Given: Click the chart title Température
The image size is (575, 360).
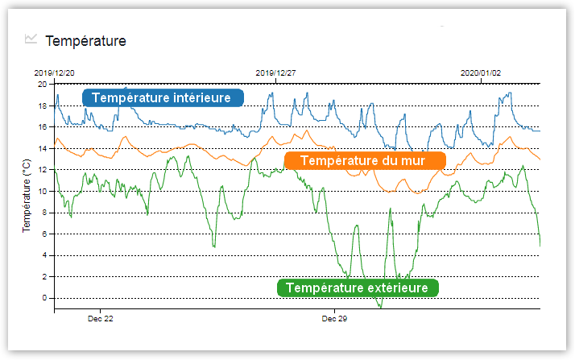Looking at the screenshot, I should coord(86,40).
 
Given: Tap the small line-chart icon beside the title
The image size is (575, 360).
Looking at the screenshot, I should coord(31,39).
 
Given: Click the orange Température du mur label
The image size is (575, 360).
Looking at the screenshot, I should coord(365,160).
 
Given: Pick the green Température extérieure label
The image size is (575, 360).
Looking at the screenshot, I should coord(358,288).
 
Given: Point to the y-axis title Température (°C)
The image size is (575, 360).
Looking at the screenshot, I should coord(27,197).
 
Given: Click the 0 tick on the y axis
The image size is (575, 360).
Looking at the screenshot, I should coord(45,298).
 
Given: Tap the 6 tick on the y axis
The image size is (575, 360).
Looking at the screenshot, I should coord(45,234).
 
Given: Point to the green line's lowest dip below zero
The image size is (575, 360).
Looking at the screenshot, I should coord(380,307).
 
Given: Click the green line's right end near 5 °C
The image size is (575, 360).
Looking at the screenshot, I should coord(540,244).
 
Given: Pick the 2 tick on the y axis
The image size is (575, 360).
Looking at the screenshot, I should coord(45,276).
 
